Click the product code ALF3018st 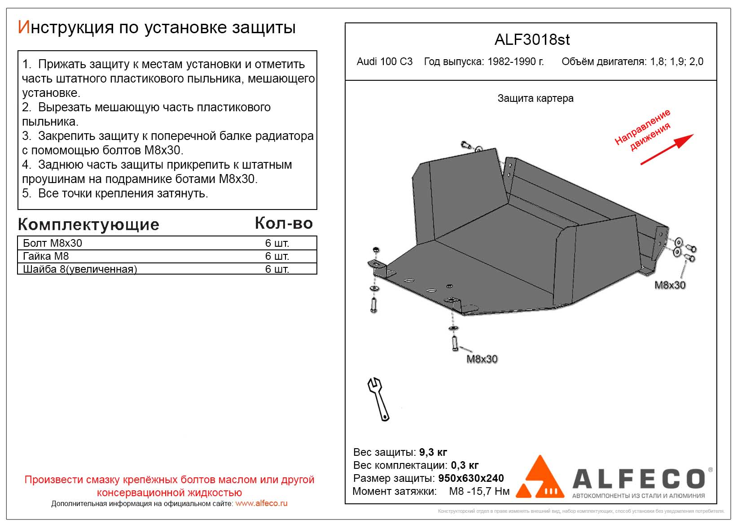pos(532,40)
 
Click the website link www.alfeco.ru pos(261,503)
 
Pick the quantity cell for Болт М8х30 pos(277,243)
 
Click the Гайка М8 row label pos(46,256)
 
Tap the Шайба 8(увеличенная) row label pos(80,269)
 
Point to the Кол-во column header pos(284,223)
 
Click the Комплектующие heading pos(88,224)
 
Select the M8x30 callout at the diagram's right pos(670,285)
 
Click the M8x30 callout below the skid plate pos(482,359)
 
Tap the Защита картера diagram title pos(535,98)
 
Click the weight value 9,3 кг pos(433,452)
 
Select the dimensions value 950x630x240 pos(471,478)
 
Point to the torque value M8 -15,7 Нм pos(479,491)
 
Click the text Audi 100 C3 pos(385,61)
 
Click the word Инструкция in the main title pos(66,28)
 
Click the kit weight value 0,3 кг pos(465,465)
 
